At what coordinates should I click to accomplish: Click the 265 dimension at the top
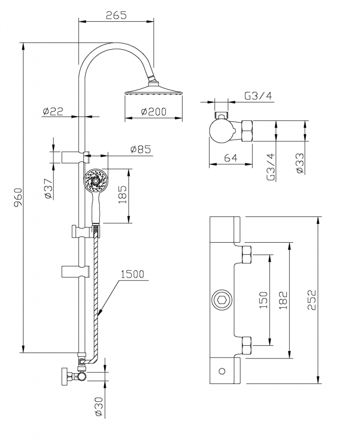[x=116, y=15]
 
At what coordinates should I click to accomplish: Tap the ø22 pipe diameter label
[x=53, y=111]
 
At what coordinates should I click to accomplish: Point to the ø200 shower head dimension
[x=154, y=111]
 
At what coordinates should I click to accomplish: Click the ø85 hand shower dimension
[x=141, y=149]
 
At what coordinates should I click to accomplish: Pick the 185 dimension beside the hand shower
[x=122, y=196]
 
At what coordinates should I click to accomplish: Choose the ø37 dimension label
[x=48, y=188]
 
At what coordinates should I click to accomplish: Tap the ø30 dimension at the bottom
[x=98, y=407]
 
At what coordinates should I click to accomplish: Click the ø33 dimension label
[x=299, y=163]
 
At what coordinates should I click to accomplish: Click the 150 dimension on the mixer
[x=263, y=300]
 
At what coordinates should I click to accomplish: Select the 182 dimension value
[x=284, y=300]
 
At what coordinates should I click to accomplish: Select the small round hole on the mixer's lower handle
[x=222, y=371]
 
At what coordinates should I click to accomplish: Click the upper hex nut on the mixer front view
[x=247, y=255]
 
